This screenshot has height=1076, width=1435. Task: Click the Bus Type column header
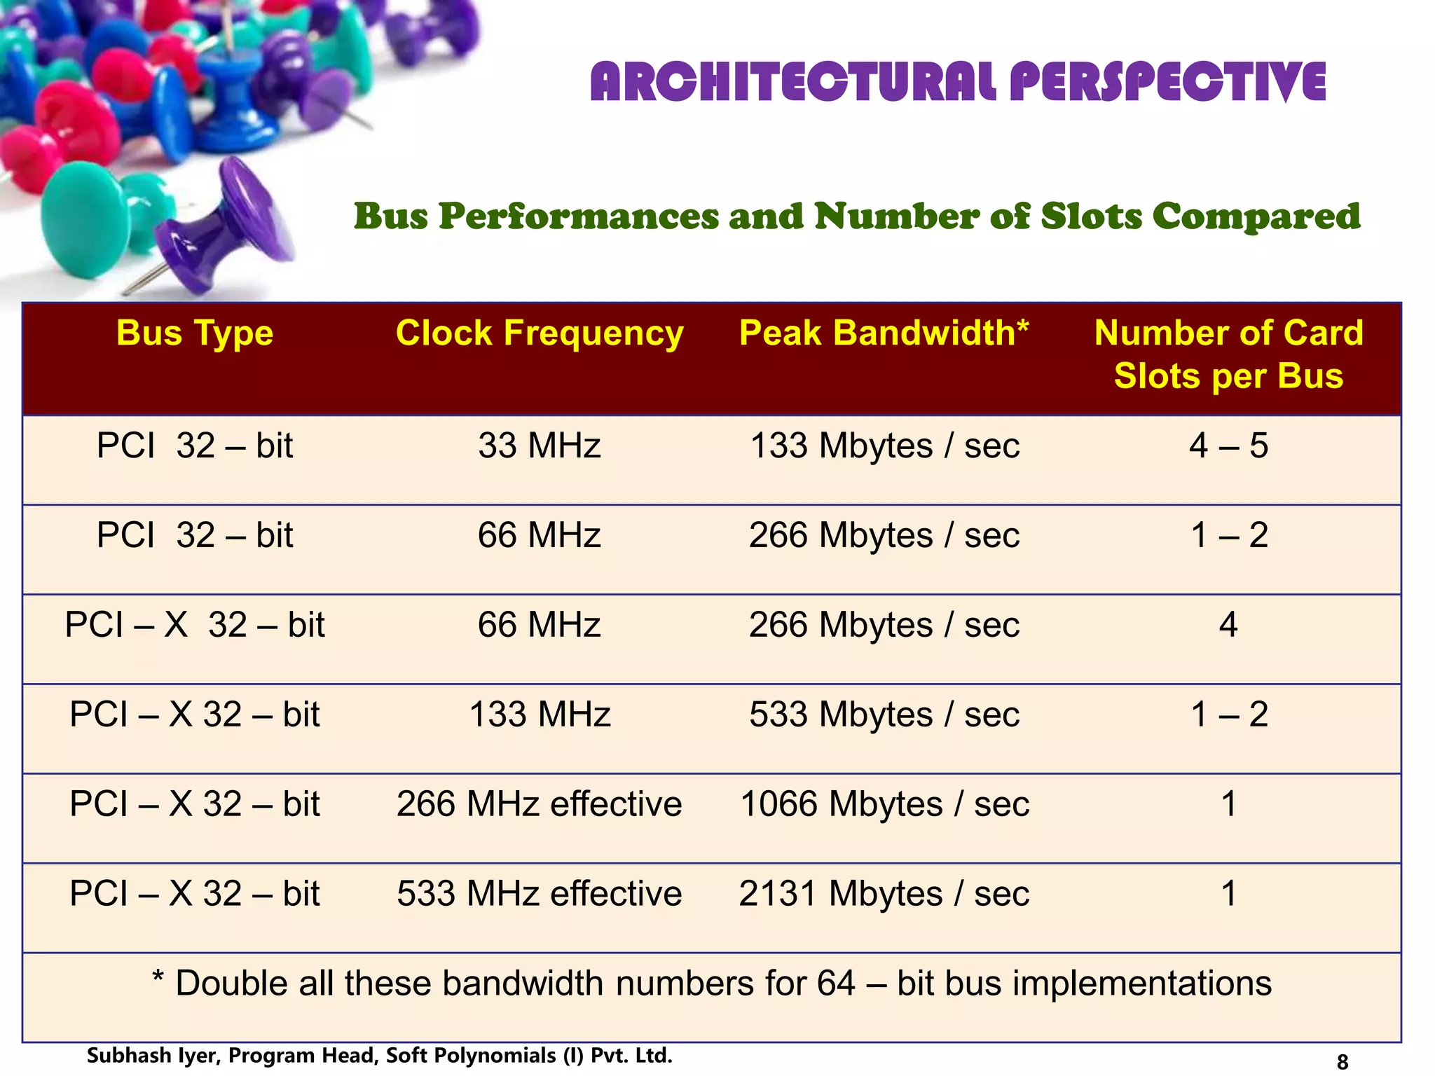[x=195, y=333]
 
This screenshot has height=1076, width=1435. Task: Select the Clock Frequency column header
[x=539, y=333]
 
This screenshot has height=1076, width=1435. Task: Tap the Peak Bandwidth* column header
[x=884, y=333]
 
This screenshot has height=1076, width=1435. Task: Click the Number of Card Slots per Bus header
[x=1228, y=354]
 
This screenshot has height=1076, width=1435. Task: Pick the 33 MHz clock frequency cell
[x=539, y=446]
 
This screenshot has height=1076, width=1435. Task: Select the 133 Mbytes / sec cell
[x=884, y=446]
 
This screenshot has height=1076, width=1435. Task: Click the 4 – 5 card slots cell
[x=1228, y=446]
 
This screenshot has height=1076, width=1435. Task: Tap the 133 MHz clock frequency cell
[x=539, y=715]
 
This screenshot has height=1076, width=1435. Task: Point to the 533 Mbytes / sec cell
[x=884, y=715]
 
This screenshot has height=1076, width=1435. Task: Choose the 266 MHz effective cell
[x=539, y=804]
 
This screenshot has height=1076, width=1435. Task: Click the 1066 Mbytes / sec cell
[x=884, y=804]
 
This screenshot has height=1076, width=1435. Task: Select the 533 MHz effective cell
[x=539, y=894]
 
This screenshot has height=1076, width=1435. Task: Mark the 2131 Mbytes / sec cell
[x=884, y=894]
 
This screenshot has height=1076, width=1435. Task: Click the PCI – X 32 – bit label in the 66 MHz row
[x=195, y=625]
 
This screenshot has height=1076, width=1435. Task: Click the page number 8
[x=1342, y=1062]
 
